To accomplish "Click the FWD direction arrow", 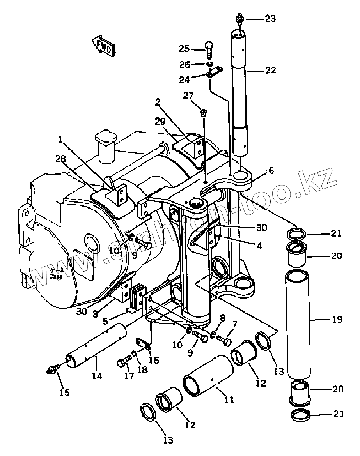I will point(104,46).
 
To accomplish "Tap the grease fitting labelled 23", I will point(240,19).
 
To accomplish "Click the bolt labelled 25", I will point(209,50).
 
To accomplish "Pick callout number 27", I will point(189,96).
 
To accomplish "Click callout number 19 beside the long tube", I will point(337,320).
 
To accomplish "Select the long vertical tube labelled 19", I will point(299,323).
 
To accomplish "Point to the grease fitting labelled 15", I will point(51,368).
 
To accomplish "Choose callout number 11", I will point(229,399).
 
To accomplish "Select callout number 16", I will point(154,360).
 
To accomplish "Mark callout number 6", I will point(271,170).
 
